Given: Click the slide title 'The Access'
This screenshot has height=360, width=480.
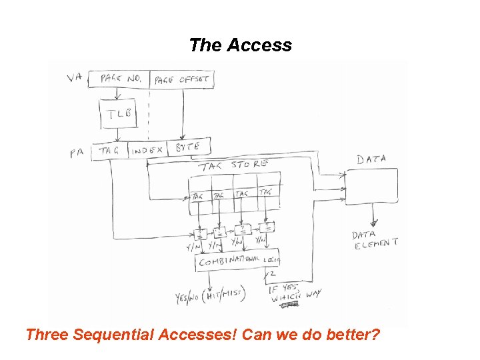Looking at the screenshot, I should pos(240,45).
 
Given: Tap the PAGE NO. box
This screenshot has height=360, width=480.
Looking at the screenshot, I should pos(119,79).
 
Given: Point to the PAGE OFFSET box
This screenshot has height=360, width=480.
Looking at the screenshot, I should pos(181,79).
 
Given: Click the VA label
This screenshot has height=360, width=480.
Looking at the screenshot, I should pos(75,78).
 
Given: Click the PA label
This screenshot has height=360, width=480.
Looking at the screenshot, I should pos(77,153).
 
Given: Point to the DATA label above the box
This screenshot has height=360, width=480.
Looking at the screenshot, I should pos(371,159).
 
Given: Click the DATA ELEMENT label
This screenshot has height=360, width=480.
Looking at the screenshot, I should pos(374,239).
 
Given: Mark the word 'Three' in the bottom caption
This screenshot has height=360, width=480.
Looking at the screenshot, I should pos(47,333).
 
